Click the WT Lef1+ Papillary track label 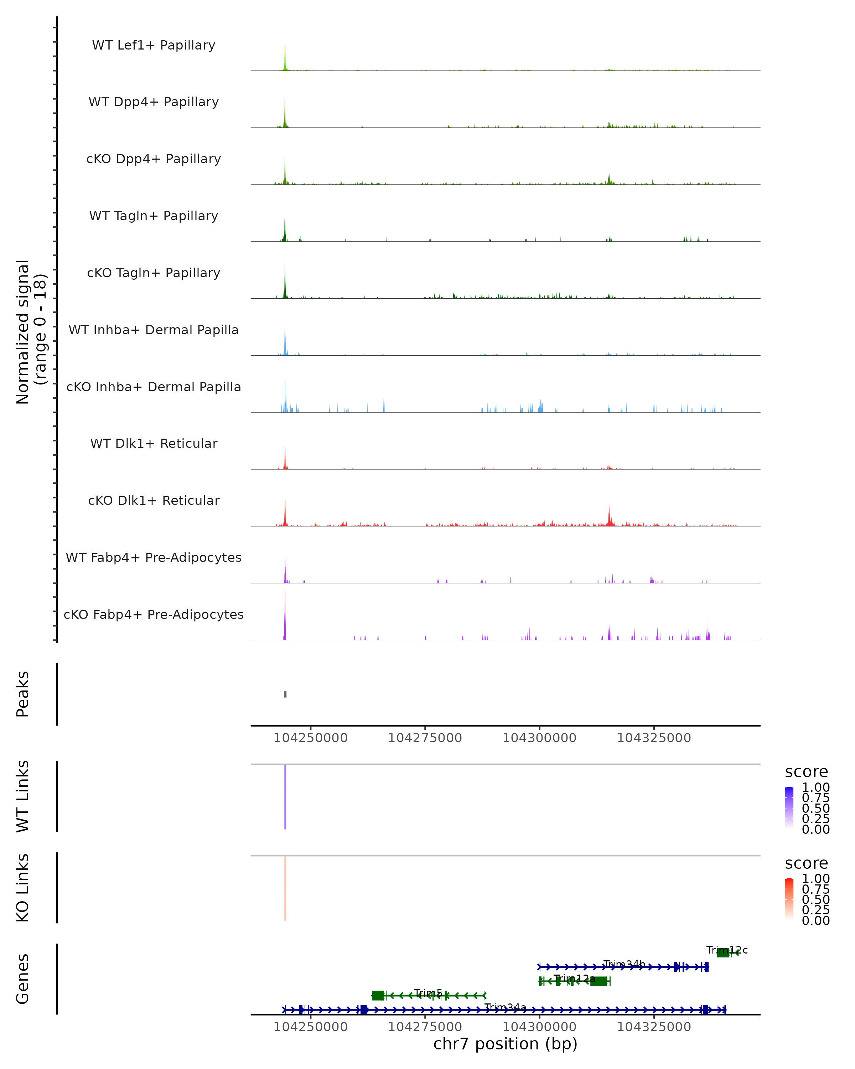[x=154, y=45]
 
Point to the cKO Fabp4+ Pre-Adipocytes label [x=154, y=614]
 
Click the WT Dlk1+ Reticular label [x=154, y=443]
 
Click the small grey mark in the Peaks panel [x=285, y=694]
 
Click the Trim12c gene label [x=727, y=950]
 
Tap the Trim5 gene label [x=428, y=993]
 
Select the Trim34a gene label [x=505, y=1007]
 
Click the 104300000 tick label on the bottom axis [x=539, y=1027]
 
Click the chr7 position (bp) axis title [x=505, y=1044]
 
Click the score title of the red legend [x=807, y=863]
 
